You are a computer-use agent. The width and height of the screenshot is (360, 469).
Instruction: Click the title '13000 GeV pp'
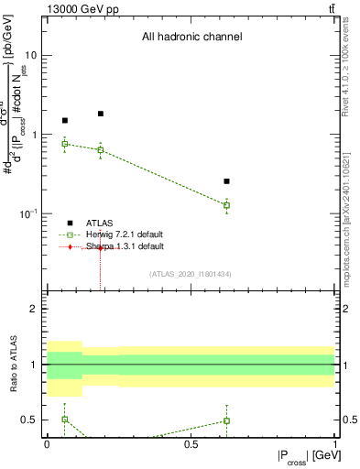click(77, 8)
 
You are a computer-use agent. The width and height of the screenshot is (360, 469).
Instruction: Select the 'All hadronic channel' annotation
click(191, 38)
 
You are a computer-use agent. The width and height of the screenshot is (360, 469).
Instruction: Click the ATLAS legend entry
click(100, 223)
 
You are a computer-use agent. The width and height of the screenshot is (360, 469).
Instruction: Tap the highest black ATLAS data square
click(101, 114)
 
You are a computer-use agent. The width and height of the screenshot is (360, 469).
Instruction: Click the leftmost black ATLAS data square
click(64, 120)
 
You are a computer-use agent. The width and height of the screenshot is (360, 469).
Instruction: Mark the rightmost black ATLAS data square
click(226, 181)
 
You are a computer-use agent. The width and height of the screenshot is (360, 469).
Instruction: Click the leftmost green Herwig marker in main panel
click(64, 144)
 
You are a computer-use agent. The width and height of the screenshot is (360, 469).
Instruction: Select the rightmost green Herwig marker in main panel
click(226, 205)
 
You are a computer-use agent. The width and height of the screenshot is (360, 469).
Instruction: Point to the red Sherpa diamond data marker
click(101, 248)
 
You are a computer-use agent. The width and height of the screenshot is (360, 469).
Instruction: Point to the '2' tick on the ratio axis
click(34, 309)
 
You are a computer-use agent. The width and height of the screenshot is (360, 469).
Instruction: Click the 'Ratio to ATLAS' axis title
click(12, 365)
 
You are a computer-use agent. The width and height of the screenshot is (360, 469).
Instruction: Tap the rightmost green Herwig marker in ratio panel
click(226, 420)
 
